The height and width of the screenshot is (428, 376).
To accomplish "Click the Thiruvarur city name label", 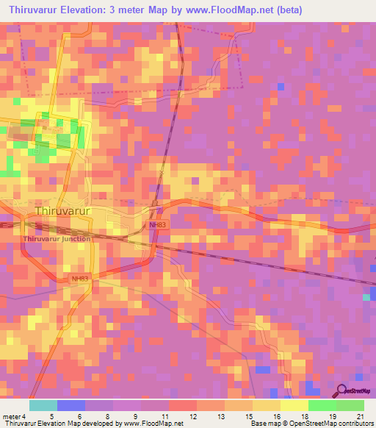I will [62, 211].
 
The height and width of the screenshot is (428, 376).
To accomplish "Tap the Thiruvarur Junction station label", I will [57, 238].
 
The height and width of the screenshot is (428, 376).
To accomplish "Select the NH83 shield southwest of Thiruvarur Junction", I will [80, 279].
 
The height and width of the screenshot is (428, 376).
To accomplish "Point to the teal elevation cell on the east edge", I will [366, 297].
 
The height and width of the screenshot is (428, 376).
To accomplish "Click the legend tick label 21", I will [360, 416].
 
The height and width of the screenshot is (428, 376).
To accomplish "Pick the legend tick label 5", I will [51, 416].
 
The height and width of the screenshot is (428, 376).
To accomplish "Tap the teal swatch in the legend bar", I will [43, 405].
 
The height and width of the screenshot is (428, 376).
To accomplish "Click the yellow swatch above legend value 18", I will [294, 405].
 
